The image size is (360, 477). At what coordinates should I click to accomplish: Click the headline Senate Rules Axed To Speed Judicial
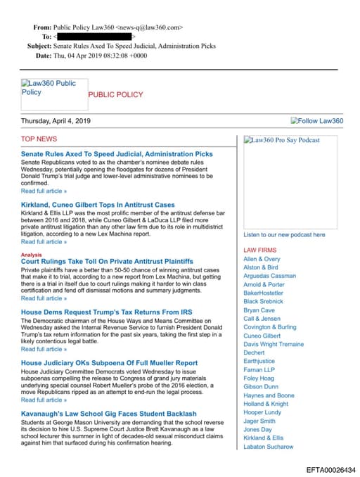click(x=117, y=153)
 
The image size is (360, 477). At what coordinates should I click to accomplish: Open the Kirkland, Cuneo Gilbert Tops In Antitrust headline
click(x=98, y=205)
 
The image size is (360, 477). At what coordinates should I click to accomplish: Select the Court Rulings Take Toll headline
click(x=108, y=261)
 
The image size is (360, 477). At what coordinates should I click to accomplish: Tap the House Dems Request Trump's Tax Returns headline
click(x=105, y=312)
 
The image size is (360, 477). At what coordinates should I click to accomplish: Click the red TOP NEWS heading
click(x=39, y=139)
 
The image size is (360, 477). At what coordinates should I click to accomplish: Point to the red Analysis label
click(x=32, y=254)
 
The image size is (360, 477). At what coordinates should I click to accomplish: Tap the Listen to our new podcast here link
click(x=284, y=234)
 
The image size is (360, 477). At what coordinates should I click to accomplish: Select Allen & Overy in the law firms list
click(x=262, y=260)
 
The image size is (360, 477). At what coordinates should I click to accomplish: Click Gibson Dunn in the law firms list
click(x=261, y=386)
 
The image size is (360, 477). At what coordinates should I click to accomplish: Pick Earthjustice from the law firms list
click(x=260, y=361)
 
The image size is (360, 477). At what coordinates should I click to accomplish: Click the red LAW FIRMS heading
click(x=260, y=250)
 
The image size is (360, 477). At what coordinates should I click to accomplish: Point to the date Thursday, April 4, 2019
click(x=56, y=121)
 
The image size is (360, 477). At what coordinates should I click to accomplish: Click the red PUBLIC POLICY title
click(x=115, y=94)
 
